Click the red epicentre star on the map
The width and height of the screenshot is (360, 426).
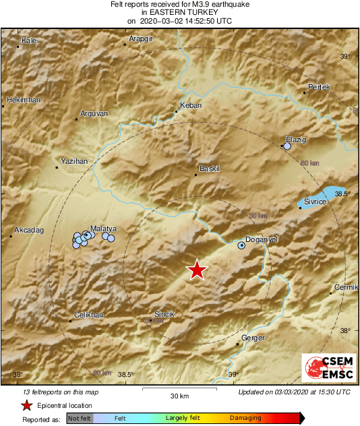(x=196, y=270)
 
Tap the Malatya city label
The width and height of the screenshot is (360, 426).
(x=104, y=229)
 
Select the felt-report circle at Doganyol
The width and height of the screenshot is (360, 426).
(x=241, y=246)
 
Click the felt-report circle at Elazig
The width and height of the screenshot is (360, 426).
(x=287, y=146)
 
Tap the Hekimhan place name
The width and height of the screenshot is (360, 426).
(x=24, y=100)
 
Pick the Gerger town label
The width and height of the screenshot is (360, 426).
(x=253, y=338)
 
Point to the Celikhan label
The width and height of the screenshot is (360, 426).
(x=88, y=315)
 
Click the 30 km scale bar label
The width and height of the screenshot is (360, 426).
(x=179, y=396)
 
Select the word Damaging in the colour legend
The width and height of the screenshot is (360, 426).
(x=245, y=418)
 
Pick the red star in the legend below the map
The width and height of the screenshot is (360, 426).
(x=26, y=405)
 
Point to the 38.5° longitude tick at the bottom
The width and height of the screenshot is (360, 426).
(x=126, y=375)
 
